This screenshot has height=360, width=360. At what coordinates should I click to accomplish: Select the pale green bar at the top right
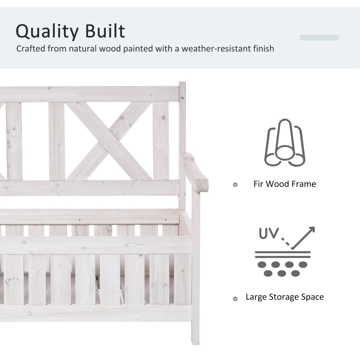319,38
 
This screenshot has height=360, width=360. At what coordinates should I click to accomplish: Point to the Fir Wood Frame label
284,184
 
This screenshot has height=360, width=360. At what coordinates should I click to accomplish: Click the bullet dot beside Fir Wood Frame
235,184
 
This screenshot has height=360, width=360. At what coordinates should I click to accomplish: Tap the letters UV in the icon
269,234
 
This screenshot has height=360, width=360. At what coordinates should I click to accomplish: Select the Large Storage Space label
284,297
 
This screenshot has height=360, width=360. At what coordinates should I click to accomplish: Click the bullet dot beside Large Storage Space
235,298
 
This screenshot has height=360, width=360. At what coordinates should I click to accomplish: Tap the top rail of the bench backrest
90,94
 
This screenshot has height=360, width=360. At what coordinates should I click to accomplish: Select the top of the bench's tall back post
182,85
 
